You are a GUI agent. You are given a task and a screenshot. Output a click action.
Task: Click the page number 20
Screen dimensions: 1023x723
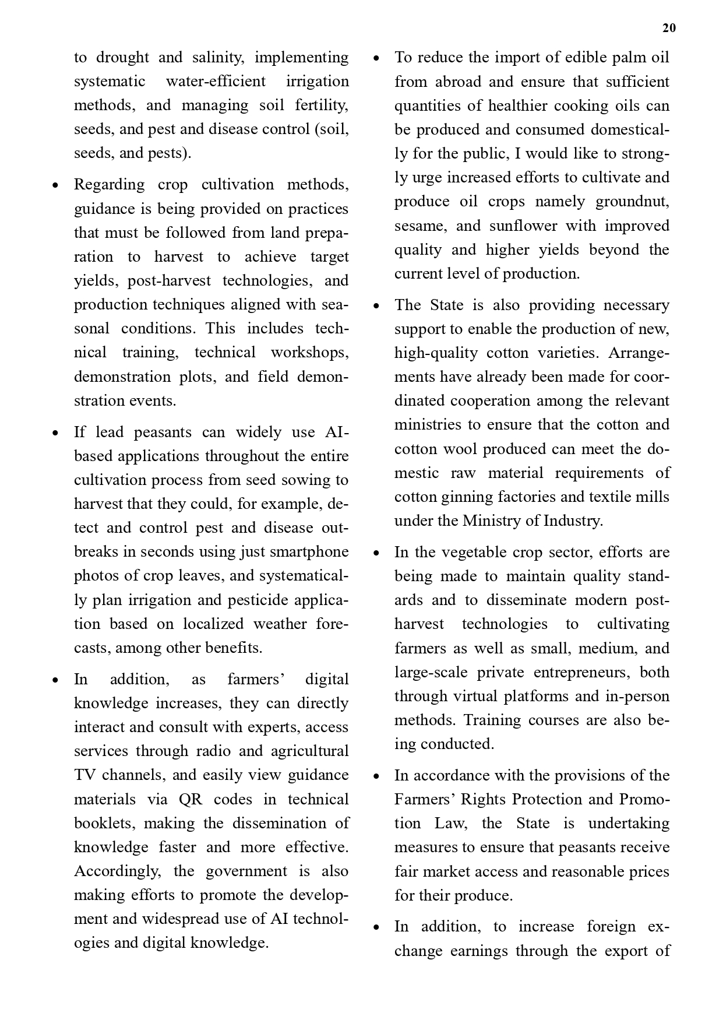pos(669,28)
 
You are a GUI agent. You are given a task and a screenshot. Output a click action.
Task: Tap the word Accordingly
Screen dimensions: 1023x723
pos(117,871)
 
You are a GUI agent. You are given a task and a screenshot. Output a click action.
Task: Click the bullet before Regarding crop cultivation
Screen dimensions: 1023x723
pos(55,186)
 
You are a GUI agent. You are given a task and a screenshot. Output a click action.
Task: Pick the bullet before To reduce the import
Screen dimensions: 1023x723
pos(376,58)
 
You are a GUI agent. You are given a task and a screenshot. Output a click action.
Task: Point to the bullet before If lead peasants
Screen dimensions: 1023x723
pos(55,433)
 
